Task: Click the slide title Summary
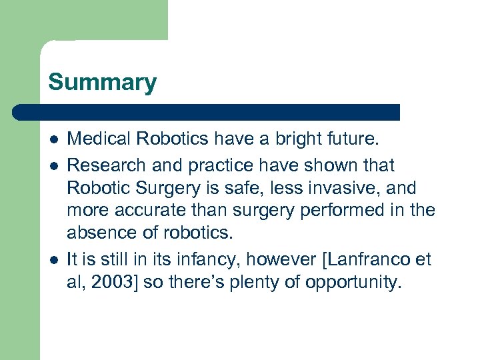[x=102, y=83]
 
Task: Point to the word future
[x=354, y=139]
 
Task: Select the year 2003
[x=113, y=282]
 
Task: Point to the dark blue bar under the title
[x=207, y=112]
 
